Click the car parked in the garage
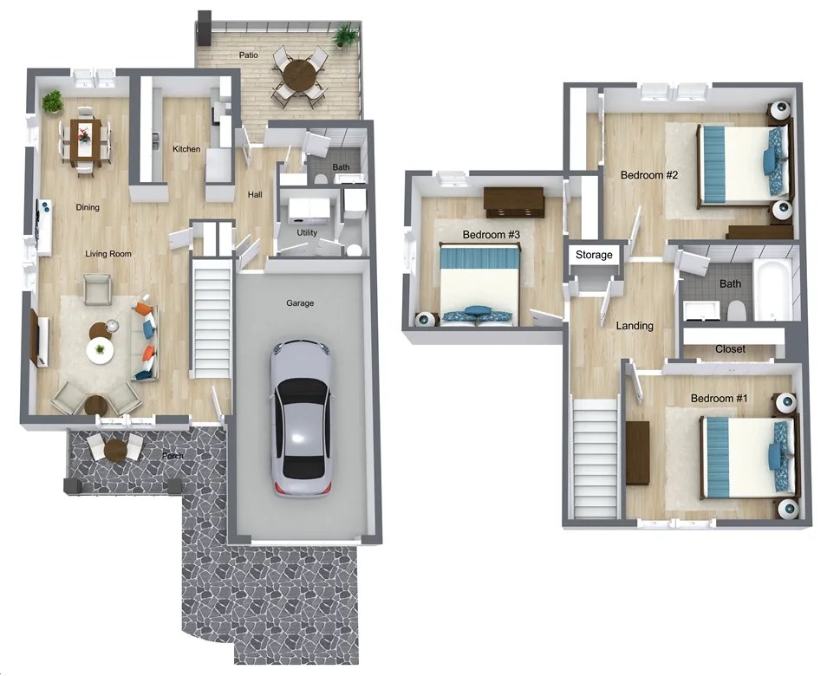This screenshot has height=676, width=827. coord(299,418)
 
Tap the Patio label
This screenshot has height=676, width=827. coord(249,55)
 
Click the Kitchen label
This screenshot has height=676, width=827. coord(186,149)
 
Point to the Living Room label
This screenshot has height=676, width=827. coord(108,254)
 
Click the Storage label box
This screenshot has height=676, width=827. coord(595,255)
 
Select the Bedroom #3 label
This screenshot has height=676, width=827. coord(491,235)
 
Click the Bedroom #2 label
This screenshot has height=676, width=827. coord(648,175)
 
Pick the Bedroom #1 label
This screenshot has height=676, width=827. coord(720,398)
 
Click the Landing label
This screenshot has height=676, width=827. coord(635,326)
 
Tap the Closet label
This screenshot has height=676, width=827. coord(730,349)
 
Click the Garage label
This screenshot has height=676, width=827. coord(300,303)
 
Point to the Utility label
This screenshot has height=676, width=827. coord(307,232)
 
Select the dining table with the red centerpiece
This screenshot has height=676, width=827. coord(85,139)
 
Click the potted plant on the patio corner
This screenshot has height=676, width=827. coord(345,36)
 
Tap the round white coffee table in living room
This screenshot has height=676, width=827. coord(100,349)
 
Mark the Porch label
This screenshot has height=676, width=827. coord(172,456)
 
